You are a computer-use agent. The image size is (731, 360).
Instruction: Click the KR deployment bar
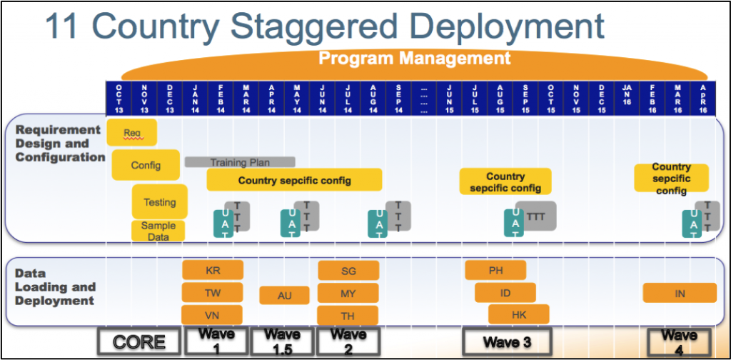pos(213,270)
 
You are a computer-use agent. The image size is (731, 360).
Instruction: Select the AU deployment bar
pos(284,295)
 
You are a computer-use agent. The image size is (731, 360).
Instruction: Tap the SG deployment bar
pos(348,270)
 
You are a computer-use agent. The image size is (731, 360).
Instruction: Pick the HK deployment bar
pos(519,314)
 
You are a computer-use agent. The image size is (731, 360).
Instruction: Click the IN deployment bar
pos(680,293)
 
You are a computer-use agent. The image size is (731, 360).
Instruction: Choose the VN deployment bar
pos(213,314)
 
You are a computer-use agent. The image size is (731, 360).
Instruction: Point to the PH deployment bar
pos(495,270)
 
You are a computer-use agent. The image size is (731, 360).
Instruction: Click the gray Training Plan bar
pos(240,162)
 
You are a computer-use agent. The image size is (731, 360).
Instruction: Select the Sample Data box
pos(158,231)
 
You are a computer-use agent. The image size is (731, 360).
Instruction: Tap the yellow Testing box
pos(159,201)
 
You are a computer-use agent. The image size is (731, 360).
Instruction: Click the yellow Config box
pos(146,165)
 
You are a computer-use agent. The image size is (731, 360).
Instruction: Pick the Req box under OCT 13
pos(132,132)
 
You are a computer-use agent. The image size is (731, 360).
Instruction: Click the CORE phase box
pos(139,341)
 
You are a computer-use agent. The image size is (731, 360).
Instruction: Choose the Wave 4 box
pos(679,340)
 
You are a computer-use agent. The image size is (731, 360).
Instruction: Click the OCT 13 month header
pos(119,98)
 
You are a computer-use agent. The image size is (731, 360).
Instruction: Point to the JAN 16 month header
pos(627,98)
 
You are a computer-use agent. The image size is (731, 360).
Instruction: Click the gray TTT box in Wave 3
pos(536,215)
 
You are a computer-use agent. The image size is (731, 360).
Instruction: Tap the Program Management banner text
pos(415,58)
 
